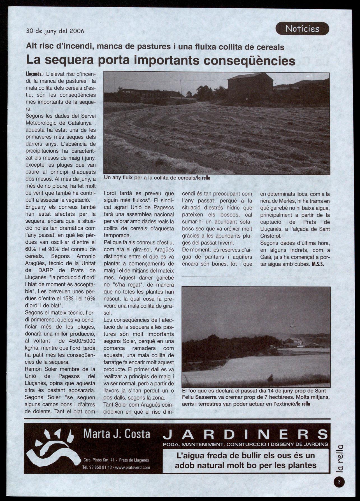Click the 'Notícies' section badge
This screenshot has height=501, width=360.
tap(302, 29)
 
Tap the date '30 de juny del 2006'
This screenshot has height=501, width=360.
tap(55, 31)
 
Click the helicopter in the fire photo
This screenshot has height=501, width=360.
tap(293, 325)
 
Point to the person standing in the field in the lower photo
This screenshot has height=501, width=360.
tap(270, 378)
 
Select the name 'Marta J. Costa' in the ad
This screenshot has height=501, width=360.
tap(117, 434)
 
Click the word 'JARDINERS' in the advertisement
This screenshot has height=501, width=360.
tap(245, 435)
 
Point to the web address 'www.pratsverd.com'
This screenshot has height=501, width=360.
tap(133, 467)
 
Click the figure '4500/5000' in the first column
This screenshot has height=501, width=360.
tap(81, 341)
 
